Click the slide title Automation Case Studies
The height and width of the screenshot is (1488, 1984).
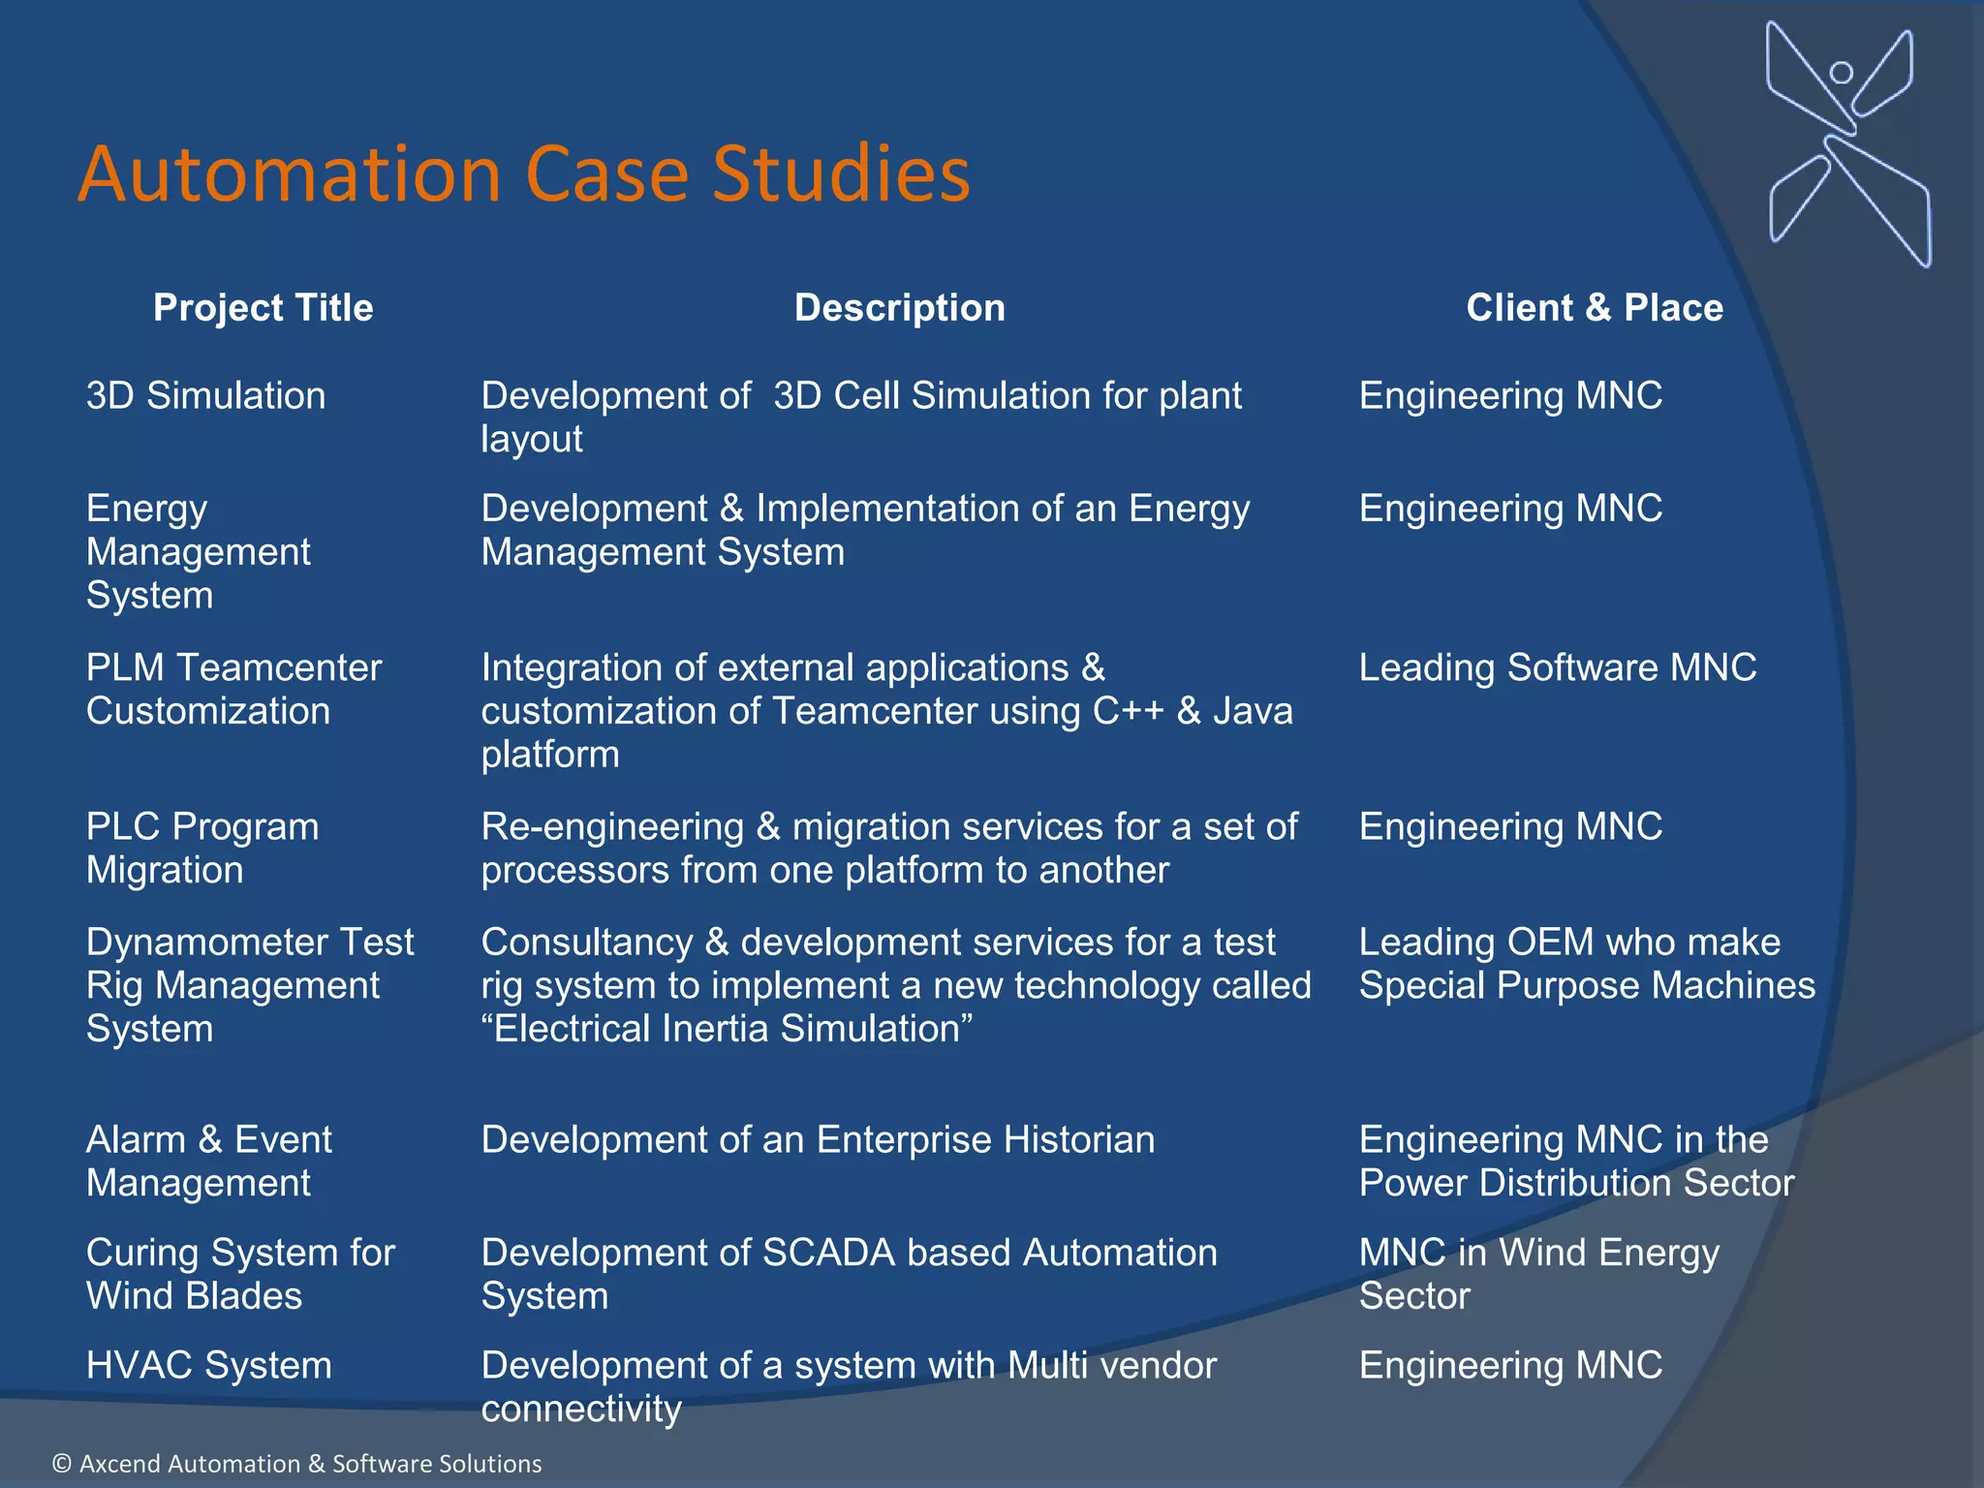[523, 174]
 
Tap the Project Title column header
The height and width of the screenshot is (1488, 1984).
[263, 308]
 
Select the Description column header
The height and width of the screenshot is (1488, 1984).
[899, 308]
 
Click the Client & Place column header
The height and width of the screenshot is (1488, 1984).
[1594, 308]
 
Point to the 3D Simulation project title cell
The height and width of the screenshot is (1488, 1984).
[205, 396]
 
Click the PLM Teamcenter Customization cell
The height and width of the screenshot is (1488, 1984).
[233, 689]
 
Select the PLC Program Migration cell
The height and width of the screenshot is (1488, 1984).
[201, 848]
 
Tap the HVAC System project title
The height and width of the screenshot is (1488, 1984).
[208, 1365]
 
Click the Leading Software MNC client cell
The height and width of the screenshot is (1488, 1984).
[1557, 667]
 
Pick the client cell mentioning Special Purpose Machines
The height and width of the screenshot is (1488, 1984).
[1586, 964]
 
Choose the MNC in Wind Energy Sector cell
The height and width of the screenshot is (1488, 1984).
[1538, 1274]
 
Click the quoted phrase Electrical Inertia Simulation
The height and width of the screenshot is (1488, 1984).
[727, 1029]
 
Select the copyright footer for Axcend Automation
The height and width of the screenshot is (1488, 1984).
[296, 1463]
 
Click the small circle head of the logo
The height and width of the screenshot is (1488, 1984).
[1841, 73]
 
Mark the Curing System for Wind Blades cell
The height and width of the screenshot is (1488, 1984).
[240, 1274]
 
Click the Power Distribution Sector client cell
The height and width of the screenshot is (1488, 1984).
[1576, 1162]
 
